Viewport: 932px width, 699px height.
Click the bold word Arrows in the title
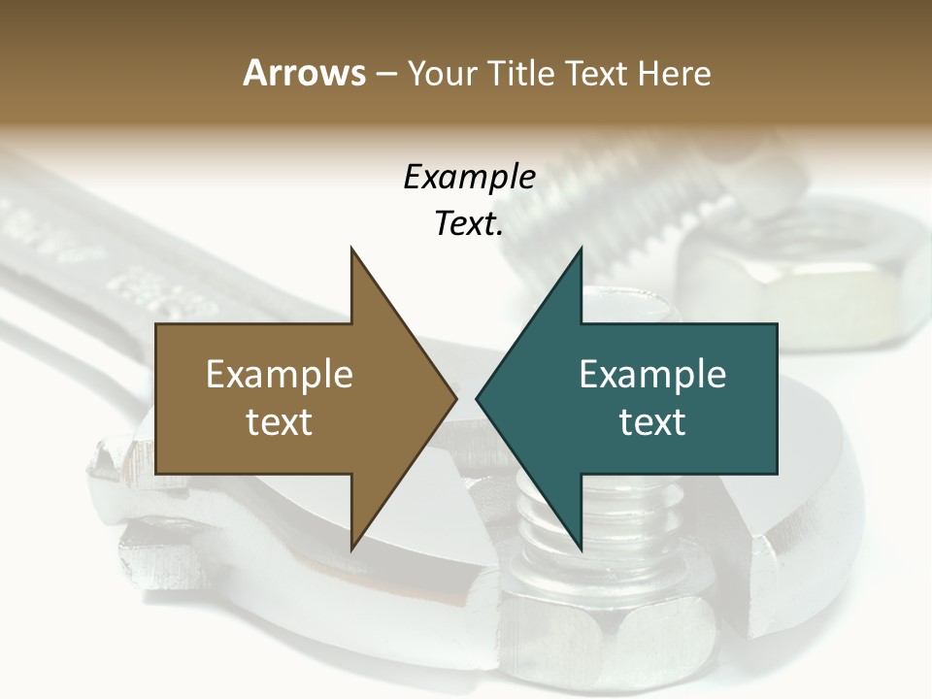304,73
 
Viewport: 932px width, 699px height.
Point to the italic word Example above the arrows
469,177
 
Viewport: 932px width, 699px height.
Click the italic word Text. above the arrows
469,223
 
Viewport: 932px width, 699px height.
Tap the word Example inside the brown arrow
279,375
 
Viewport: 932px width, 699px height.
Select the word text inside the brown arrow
279,422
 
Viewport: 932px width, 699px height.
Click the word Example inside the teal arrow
652,375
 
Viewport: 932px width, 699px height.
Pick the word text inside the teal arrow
652,422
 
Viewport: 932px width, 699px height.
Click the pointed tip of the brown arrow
453,399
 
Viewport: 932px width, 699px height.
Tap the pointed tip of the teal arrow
480,399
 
